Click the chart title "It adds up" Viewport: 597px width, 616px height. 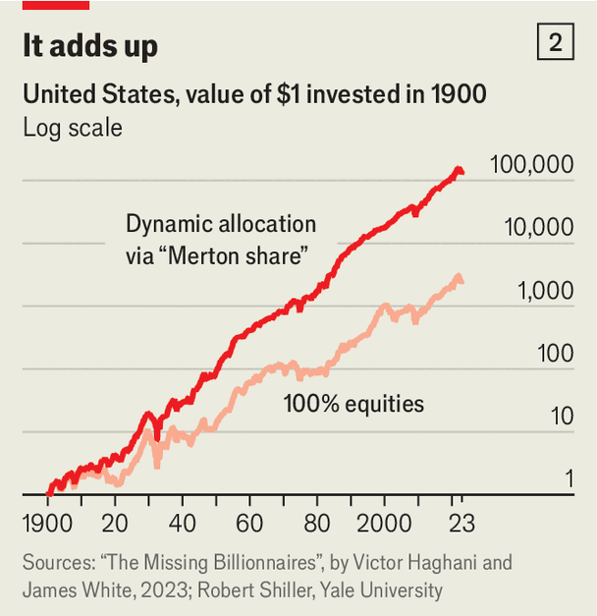pos(89,46)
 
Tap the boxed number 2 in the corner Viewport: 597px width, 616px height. pos(556,44)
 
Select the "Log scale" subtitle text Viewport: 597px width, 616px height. pos(73,128)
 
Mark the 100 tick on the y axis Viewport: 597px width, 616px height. pos(552,354)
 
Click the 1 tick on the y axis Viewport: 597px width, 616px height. pos(567,479)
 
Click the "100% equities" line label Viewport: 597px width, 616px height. pos(353,403)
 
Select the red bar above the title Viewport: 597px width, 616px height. pos(56,5)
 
